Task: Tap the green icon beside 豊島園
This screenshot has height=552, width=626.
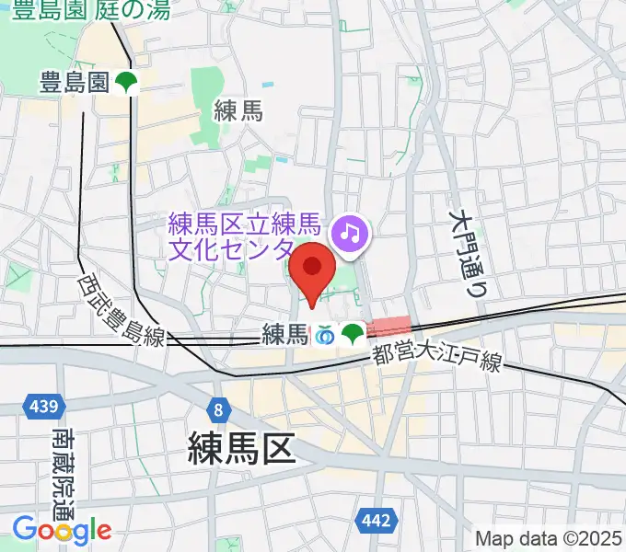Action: pyautogui.click(x=126, y=83)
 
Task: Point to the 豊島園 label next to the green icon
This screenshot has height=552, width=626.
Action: pyautogui.click(x=75, y=84)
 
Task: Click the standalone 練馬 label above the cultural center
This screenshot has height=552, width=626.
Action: pyautogui.click(x=238, y=111)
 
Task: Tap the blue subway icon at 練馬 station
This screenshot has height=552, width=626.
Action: pyautogui.click(x=325, y=336)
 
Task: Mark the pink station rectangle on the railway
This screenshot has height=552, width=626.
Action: pyautogui.click(x=388, y=326)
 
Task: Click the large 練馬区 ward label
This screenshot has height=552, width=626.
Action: pyautogui.click(x=241, y=450)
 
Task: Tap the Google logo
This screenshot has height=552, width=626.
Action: pyautogui.click(x=62, y=529)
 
